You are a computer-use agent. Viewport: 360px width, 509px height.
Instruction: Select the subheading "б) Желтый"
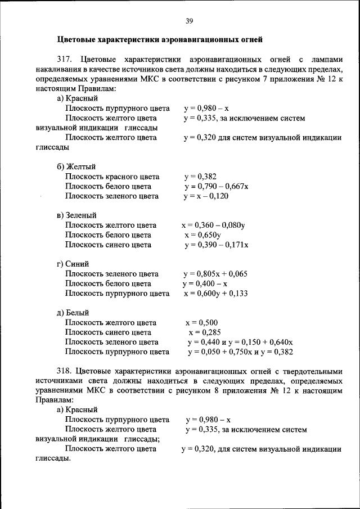[76, 166]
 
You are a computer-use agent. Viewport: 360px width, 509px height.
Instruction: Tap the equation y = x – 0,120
[206, 196]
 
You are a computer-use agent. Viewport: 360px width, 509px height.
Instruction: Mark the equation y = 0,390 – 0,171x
[216, 245]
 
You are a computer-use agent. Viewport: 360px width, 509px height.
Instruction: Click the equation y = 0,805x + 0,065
[215, 274]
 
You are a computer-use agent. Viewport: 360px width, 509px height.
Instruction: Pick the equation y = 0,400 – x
[204, 283]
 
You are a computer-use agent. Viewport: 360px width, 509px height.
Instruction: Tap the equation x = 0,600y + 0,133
[215, 294]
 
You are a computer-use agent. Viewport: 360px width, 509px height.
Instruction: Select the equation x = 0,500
[201, 323]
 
